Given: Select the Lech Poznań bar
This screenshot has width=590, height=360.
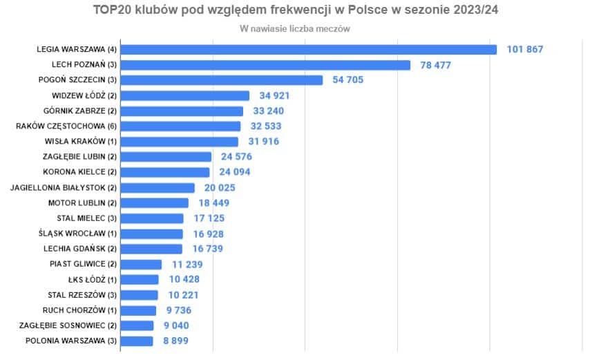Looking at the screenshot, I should (269, 65).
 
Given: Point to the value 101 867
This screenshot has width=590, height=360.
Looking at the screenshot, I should (525, 50).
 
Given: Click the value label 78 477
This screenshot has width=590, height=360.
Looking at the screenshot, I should (439, 65).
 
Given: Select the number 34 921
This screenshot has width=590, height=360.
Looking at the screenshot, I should (274, 95).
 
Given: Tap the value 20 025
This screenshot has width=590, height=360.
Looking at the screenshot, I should (220, 187).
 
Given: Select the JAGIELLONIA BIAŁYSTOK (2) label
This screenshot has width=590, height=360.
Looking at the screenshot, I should (64, 187).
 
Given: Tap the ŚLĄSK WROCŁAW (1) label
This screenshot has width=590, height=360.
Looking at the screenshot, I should (78, 234).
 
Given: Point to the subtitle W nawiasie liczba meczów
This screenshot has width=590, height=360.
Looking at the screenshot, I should (295, 29).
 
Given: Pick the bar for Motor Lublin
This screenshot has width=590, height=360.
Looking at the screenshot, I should (159, 203).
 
